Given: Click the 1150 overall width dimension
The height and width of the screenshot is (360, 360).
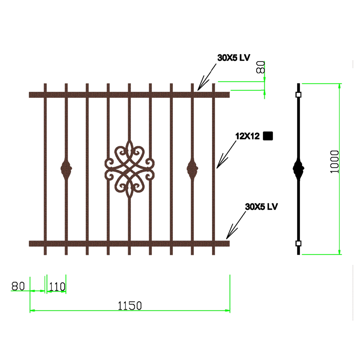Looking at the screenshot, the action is (130, 306).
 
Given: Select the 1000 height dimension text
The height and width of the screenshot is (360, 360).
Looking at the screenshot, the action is (334, 162).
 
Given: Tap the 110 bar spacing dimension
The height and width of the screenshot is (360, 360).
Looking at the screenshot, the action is (57, 286).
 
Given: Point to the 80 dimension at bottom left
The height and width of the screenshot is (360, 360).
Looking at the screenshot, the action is (18, 286).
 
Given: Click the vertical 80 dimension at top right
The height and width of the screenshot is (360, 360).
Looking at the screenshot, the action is (260, 67).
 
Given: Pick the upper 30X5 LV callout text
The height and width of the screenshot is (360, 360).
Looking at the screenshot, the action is (233, 58).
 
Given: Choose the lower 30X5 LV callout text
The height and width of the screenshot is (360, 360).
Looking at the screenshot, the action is (261, 207).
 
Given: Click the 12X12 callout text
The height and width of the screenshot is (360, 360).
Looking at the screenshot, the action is (247, 136).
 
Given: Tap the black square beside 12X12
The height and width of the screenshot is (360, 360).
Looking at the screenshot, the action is (268, 136).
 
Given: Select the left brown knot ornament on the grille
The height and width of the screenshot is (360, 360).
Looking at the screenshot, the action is (66, 169).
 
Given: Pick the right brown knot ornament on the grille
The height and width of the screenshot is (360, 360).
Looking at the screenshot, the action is (192, 169).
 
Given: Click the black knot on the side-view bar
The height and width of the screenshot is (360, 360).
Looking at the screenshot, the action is (298, 169).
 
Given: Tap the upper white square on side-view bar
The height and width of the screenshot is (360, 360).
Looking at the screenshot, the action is (298, 95).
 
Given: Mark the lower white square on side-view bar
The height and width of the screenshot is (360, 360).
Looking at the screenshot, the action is (298, 243).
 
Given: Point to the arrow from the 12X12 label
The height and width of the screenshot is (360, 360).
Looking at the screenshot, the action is (226, 154).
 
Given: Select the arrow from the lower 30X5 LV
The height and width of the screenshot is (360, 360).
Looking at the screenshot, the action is (236, 225).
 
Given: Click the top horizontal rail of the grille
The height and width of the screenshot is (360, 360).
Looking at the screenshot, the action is (129, 95).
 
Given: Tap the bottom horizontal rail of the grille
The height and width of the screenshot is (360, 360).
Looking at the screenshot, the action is (129, 243).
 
